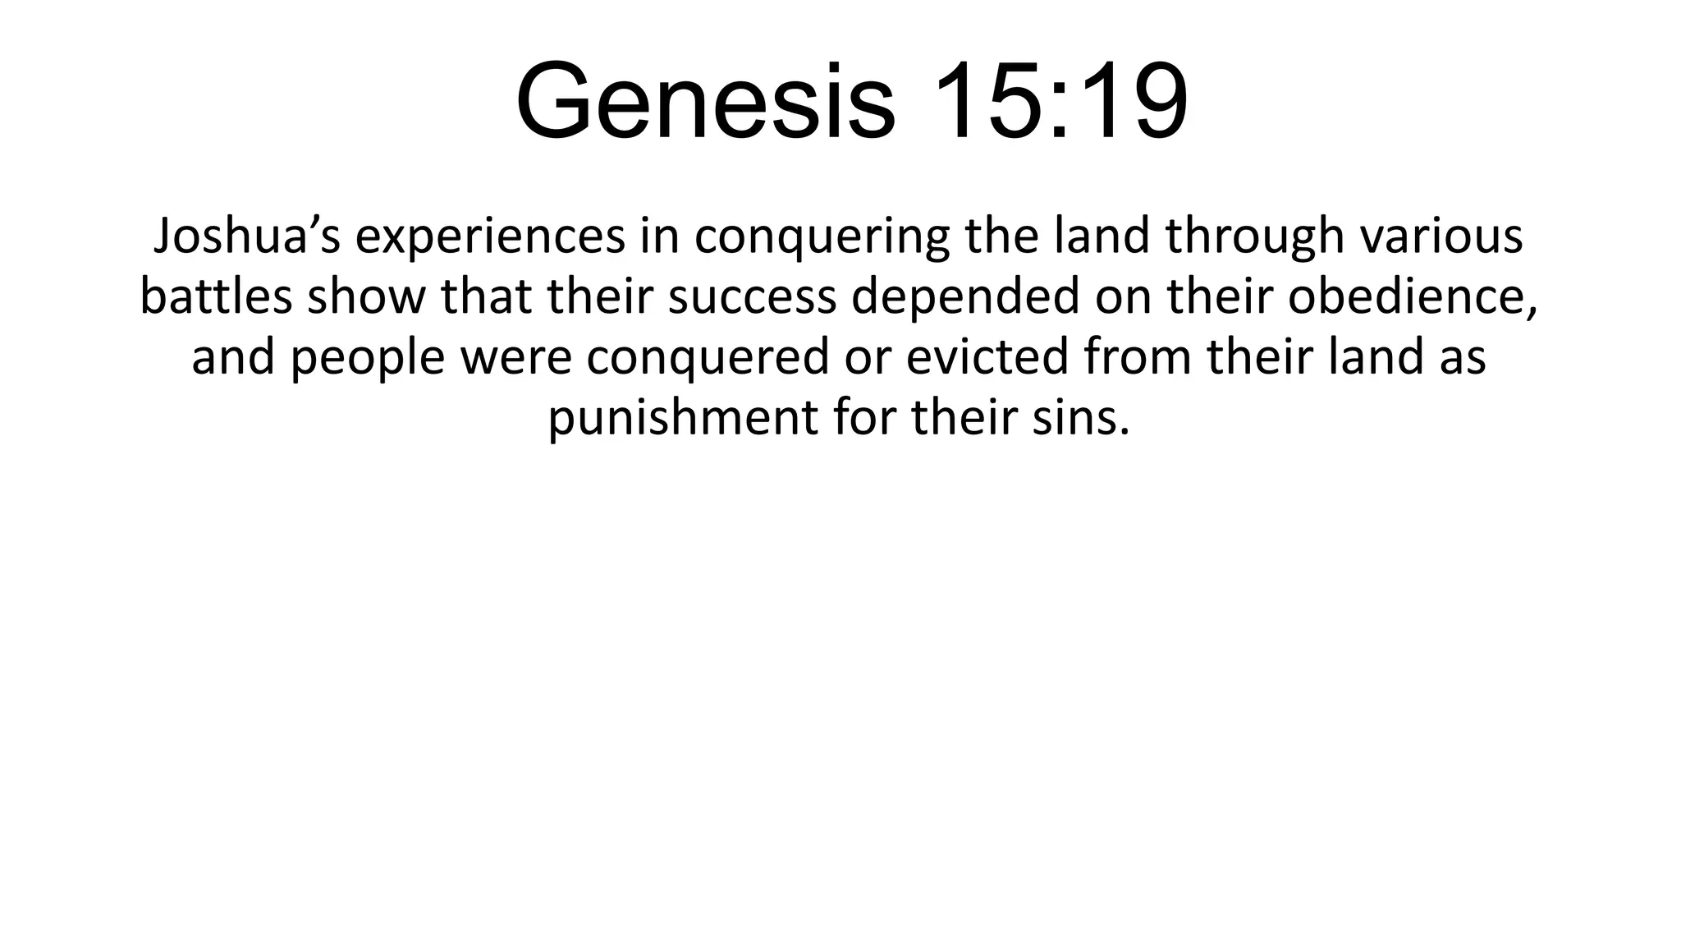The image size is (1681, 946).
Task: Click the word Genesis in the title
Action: click(x=705, y=101)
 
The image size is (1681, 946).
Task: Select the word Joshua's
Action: click(x=247, y=236)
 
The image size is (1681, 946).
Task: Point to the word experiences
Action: click(x=489, y=236)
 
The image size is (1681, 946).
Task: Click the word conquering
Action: click(x=821, y=236)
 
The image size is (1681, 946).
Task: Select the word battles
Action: click(x=216, y=296)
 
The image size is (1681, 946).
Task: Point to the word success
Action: click(x=752, y=296)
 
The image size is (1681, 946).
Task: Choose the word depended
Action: click(x=965, y=296)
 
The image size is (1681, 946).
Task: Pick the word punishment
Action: click(x=682, y=418)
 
